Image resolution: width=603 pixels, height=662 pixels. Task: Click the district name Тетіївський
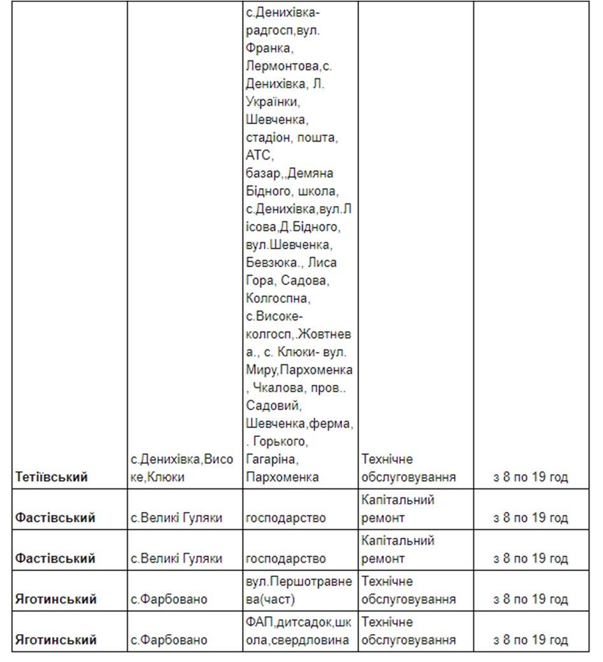(x=52, y=477)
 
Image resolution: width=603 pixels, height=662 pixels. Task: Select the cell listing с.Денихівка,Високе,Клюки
(x=182, y=468)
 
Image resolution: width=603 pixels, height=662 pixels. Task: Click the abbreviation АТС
(x=259, y=155)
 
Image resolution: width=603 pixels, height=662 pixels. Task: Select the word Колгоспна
(x=277, y=298)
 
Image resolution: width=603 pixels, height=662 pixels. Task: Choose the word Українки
(x=273, y=102)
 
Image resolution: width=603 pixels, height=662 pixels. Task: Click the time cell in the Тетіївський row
(x=530, y=477)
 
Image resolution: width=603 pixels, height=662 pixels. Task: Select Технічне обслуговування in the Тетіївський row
(x=408, y=468)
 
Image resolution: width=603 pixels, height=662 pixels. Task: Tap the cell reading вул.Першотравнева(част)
(x=299, y=590)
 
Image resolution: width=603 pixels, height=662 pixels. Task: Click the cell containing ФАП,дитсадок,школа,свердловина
(x=299, y=631)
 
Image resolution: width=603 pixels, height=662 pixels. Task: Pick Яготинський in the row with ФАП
(x=56, y=640)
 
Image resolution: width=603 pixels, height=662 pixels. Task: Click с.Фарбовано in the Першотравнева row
(x=169, y=599)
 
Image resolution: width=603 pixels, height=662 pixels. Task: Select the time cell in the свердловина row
(x=530, y=640)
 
